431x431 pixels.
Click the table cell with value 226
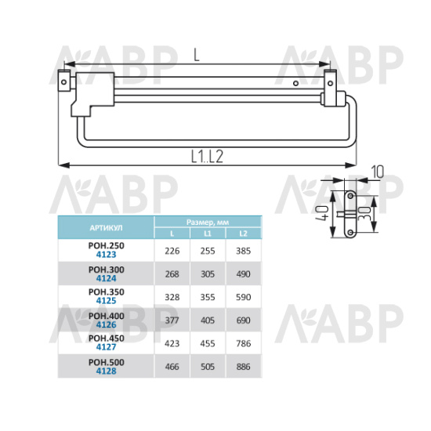coord(172,251)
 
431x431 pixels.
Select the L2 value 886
coord(243,367)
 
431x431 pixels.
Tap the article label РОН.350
coord(107,292)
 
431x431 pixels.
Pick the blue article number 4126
coord(107,325)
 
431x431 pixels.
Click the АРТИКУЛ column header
coord(106,228)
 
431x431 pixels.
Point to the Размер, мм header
coord(208,222)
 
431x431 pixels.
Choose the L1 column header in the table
coord(208,234)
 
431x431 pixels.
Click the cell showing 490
coord(243,274)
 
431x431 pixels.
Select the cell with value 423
coord(172,343)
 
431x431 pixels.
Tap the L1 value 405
coord(208,321)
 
